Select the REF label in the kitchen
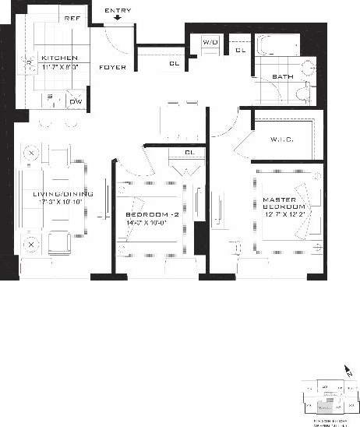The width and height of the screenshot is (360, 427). pos(72,19)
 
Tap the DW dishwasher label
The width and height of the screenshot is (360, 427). pos(76,101)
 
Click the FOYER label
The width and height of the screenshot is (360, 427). pos(112,68)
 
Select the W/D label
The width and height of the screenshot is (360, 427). pos(210,41)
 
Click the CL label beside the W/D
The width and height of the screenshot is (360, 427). pos(241,51)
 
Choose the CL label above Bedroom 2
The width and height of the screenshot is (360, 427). pos(189,152)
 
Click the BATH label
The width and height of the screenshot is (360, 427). pos(282,76)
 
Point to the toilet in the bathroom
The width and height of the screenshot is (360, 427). pos(305,93)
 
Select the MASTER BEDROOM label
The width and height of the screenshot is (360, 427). pos(279,205)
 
